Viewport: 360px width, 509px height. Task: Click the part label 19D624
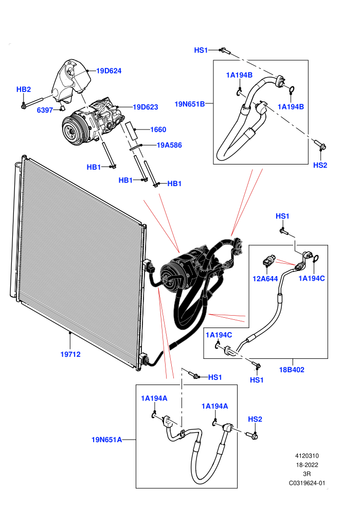click(x=109, y=71)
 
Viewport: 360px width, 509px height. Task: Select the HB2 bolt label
click(x=23, y=89)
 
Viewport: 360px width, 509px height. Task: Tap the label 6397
click(x=45, y=110)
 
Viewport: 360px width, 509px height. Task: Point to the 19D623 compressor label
click(x=146, y=107)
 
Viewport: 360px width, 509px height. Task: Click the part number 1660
click(x=158, y=130)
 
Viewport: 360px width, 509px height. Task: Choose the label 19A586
click(x=169, y=145)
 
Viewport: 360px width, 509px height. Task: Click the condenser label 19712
click(x=70, y=354)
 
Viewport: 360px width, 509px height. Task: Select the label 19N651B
click(x=190, y=104)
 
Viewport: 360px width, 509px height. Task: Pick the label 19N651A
click(x=106, y=440)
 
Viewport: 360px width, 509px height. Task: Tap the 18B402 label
click(x=292, y=370)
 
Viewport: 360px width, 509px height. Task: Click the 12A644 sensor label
click(x=265, y=279)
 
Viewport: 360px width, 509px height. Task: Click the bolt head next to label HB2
click(x=23, y=105)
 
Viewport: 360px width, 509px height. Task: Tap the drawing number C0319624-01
click(x=307, y=483)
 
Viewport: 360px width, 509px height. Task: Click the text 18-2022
click(x=307, y=465)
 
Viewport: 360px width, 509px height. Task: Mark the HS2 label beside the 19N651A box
click(x=255, y=419)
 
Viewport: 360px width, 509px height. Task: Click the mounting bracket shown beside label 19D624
click(x=71, y=81)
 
